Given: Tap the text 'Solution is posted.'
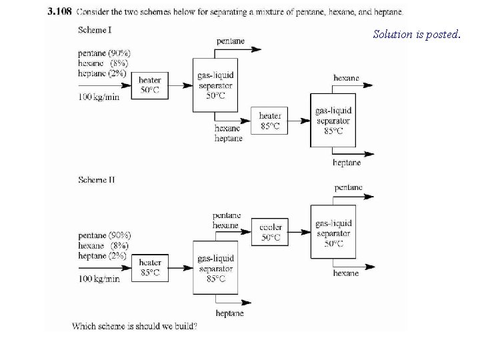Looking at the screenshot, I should click(x=416, y=34).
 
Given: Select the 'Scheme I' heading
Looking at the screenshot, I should click(x=96, y=30).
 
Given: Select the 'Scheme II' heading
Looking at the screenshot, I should click(x=97, y=179).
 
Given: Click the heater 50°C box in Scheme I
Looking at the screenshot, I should click(x=149, y=85).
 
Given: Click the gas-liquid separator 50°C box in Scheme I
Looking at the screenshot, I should click(x=215, y=85).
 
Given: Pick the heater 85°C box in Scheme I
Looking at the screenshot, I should click(x=270, y=121).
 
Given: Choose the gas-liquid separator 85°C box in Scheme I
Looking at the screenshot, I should click(x=333, y=121).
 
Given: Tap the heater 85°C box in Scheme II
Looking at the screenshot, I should click(x=151, y=267).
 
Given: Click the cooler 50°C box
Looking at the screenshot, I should click(x=271, y=232).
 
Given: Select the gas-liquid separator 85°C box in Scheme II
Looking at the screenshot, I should click(x=216, y=268).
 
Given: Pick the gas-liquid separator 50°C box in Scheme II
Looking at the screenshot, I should click(x=333, y=233).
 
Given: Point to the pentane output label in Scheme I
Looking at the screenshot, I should click(x=230, y=41).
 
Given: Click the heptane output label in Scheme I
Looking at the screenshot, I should click(x=347, y=163).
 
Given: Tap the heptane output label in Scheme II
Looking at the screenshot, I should click(x=230, y=313).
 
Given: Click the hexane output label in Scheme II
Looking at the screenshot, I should click(x=347, y=273).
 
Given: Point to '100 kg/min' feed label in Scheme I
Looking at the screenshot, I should click(x=99, y=97).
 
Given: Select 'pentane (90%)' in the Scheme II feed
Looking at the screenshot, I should click(x=105, y=235).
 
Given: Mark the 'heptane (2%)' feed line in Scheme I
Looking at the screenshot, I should click(x=102, y=73).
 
